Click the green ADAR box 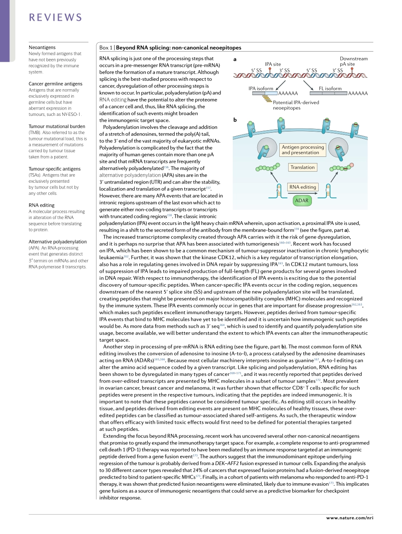coord(302,200)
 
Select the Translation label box coord(302,167)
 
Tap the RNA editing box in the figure coord(302,187)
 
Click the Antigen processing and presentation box coord(303,150)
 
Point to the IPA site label coord(273,64)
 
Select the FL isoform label coord(330,88)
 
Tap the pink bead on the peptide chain coord(352,164)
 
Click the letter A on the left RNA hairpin coord(277,190)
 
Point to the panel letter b coord(235,120)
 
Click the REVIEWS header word coord(55,17)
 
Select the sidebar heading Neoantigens coord(42,48)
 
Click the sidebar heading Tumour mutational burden coord(57,126)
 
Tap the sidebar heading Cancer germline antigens coord(55,84)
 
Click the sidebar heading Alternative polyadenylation coord(58,242)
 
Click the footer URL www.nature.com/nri coord(349,518)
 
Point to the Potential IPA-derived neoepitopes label coord(296,105)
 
